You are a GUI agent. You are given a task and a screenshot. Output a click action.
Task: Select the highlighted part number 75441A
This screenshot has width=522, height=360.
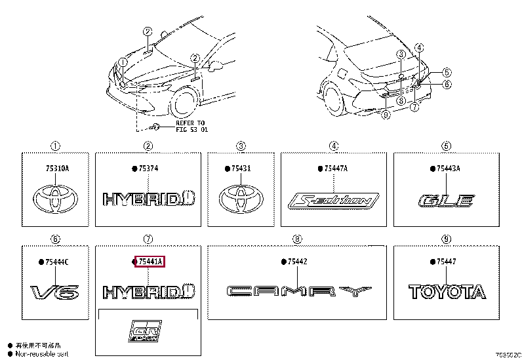click(149, 262)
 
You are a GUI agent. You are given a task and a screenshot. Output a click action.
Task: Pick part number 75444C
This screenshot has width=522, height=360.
click(56, 262)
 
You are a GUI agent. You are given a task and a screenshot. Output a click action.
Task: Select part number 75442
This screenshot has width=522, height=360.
click(297, 262)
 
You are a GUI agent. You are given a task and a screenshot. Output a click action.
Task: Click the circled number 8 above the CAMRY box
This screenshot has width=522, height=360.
click(297, 239)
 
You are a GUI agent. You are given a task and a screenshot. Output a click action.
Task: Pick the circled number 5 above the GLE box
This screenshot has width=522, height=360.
click(446, 146)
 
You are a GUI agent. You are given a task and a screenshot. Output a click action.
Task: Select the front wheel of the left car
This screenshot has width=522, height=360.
click(184, 104)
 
